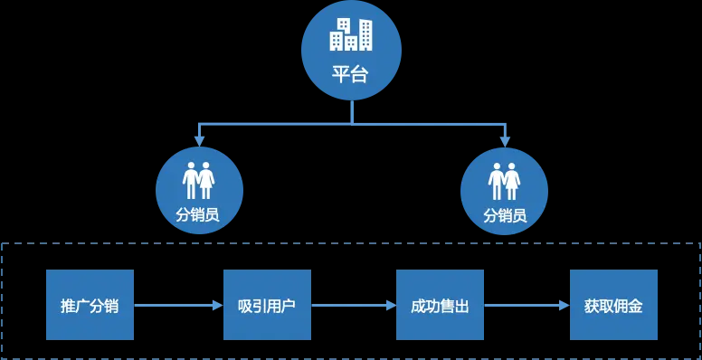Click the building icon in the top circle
351,34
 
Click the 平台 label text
351,74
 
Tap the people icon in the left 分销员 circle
199,180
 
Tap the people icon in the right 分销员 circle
504,180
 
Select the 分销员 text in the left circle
198,215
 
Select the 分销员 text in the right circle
504,215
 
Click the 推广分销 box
90,305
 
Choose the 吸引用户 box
267,305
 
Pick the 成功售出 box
440,305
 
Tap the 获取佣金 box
613,305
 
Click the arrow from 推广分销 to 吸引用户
178,305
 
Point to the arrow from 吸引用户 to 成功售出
354,305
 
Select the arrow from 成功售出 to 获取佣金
526,305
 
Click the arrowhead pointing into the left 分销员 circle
199,141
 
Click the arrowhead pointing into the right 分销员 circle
505,141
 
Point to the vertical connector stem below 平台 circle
351,110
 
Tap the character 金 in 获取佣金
636,306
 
